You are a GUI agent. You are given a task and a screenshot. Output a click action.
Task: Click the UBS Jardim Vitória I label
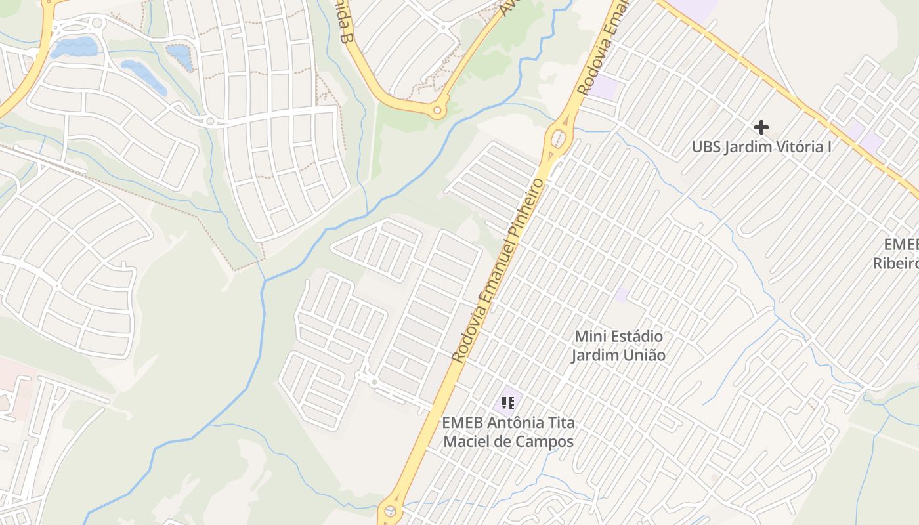click(x=761, y=146)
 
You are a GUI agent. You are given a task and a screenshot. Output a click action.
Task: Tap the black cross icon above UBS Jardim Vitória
click(x=761, y=127)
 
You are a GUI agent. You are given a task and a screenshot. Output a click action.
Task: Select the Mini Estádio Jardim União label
click(x=618, y=346)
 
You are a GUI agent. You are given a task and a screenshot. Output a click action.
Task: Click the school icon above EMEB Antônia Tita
click(x=507, y=402)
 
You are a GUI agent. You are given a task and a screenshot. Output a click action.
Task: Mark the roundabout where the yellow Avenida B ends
click(x=437, y=111)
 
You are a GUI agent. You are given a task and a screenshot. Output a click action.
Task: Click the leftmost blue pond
click(x=74, y=47)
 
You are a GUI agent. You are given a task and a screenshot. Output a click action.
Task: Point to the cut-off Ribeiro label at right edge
click(x=895, y=263)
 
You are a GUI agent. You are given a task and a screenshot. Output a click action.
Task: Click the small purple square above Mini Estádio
click(x=622, y=295)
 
